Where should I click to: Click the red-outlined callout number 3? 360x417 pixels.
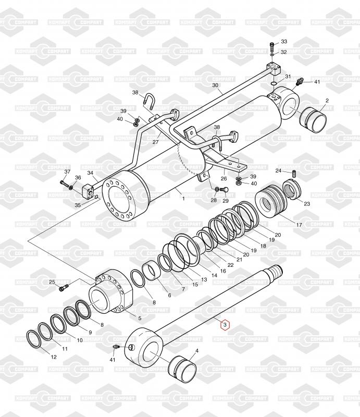225,325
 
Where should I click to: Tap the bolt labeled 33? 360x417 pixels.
272,47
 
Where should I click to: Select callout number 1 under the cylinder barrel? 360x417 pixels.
183,198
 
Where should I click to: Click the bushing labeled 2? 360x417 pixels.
313,120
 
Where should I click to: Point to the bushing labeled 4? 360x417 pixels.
182,369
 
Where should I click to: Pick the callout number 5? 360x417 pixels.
140,318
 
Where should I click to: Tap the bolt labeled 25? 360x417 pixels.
64,288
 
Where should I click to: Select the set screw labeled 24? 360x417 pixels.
294,174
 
